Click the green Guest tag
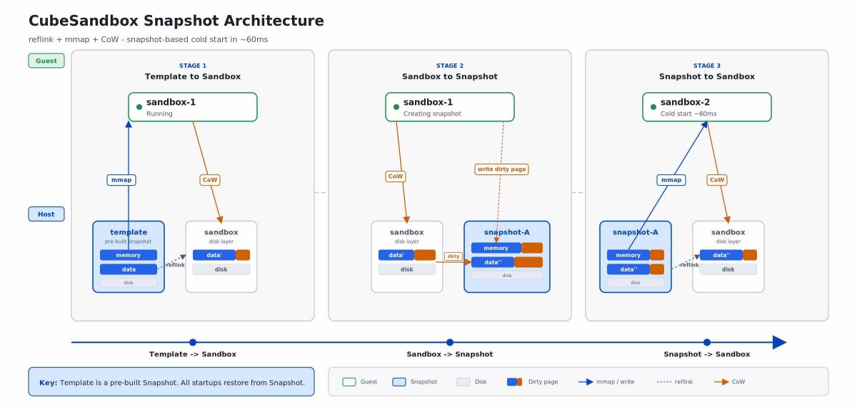(x=46, y=61)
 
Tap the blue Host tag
(x=46, y=214)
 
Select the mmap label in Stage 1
(x=121, y=180)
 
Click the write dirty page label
(x=501, y=169)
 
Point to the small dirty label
(x=453, y=256)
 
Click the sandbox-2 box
(x=706, y=107)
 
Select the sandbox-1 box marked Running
(x=192, y=107)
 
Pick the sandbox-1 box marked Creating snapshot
(x=449, y=107)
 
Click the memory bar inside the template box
(x=129, y=255)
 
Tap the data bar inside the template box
(x=129, y=269)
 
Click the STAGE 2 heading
(x=449, y=66)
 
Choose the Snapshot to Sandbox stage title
(x=706, y=76)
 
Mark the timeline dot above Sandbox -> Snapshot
(x=450, y=342)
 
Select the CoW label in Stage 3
(x=716, y=180)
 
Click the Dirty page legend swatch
(x=515, y=382)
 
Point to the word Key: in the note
(x=49, y=382)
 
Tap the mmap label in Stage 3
(x=671, y=180)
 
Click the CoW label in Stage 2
(x=395, y=176)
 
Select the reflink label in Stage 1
(x=176, y=265)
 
